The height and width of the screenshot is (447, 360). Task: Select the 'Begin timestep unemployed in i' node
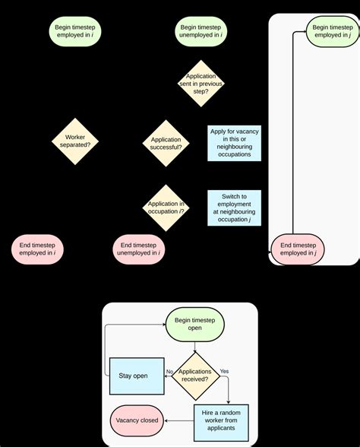pyautogui.click(x=201, y=31)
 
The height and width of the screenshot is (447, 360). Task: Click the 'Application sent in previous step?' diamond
pyautogui.click(x=201, y=81)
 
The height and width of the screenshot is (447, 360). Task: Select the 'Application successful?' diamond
pyautogui.click(x=166, y=142)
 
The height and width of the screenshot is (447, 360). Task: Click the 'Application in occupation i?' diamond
pyautogui.click(x=166, y=207)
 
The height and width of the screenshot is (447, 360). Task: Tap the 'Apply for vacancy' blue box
pyautogui.click(x=234, y=142)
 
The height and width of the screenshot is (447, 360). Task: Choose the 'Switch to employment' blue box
pyautogui.click(x=234, y=207)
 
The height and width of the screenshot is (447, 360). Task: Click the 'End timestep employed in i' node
pyautogui.click(x=38, y=249)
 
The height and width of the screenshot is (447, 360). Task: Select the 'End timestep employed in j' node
pyautogui.click(x=298, y=249)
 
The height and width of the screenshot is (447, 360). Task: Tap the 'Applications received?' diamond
pyautogui.click(x=194, y=376)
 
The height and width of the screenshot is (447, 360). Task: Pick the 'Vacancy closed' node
pyautogui.click(x=137, y=420)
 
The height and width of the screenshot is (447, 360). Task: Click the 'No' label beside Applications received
pyautogui.click(x=170, y=371)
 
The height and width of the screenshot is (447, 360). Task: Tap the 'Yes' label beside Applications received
pyautogui.click(x=224, y=371)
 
